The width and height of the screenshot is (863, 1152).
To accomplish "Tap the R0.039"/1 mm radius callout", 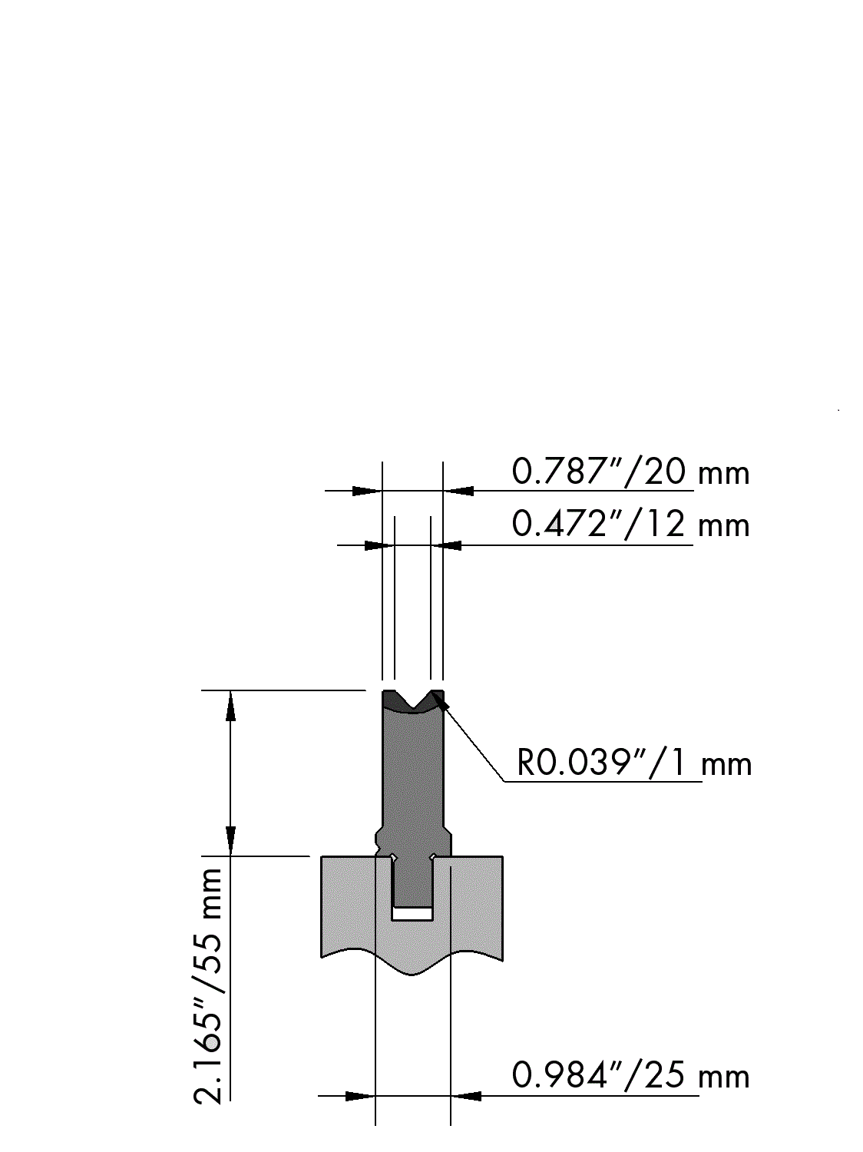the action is tap(634, 763).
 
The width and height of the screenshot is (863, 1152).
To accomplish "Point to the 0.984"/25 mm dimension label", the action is tap(630, 1075).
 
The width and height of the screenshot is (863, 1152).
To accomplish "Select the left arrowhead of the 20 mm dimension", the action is tap(365, 492).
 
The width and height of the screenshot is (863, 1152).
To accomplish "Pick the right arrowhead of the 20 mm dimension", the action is tap(459, 492).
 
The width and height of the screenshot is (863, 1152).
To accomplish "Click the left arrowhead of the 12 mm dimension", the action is tap(379, 545).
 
